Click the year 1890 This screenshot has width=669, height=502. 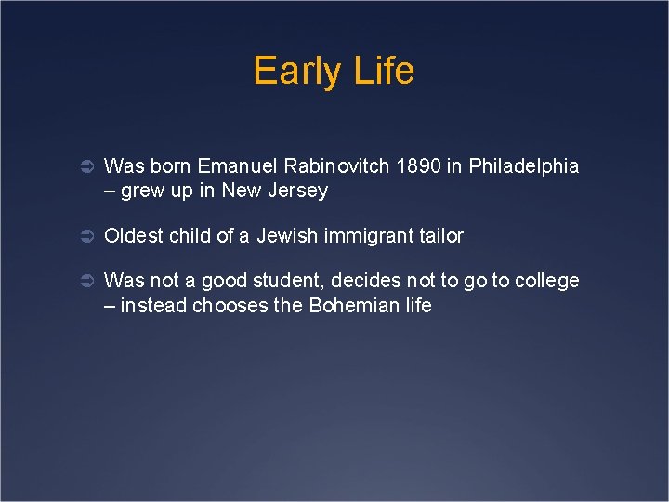(419, 166)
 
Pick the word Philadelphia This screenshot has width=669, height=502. (524, 166)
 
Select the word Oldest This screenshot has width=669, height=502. (133, 236)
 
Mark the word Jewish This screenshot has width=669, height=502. (287, 236)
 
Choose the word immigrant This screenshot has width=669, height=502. (369, 236)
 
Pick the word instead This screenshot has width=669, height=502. (153, 306)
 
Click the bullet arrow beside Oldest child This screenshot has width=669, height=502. (83, 236)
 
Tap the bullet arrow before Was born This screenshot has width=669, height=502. (83, 166)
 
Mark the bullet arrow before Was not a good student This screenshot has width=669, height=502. (83, 281)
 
